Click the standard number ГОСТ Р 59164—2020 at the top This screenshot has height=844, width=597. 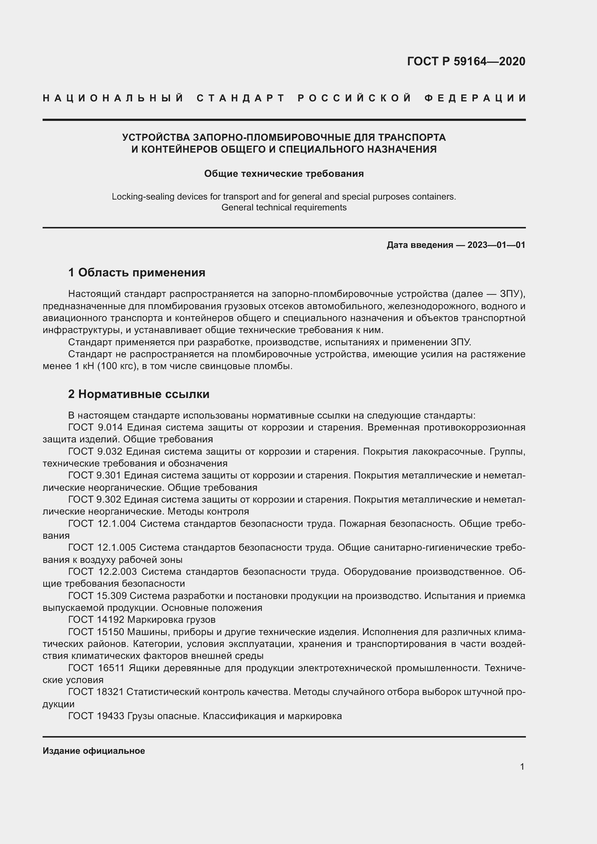466,61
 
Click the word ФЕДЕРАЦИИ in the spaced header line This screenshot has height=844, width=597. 475,98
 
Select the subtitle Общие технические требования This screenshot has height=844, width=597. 284,174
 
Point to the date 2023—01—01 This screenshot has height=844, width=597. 496,245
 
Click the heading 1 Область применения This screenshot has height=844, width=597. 137,272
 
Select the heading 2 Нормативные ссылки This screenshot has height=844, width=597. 139,394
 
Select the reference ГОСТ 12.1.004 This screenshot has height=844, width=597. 102,524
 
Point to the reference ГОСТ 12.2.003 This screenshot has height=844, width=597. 102,572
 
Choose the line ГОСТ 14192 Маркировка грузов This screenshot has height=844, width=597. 141,620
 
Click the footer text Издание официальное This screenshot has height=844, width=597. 94,751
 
